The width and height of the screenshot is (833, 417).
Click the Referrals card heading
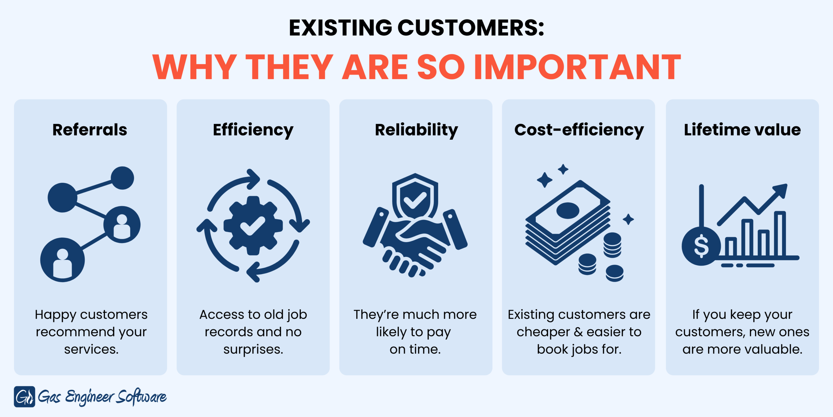coord(90,130)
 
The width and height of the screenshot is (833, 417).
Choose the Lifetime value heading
coord(742,130)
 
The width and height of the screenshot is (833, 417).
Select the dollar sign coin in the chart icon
coord(701,246)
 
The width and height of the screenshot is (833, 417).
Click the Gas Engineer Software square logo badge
coord(25,397)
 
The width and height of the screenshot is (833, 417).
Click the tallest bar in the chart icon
coord(780,233)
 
